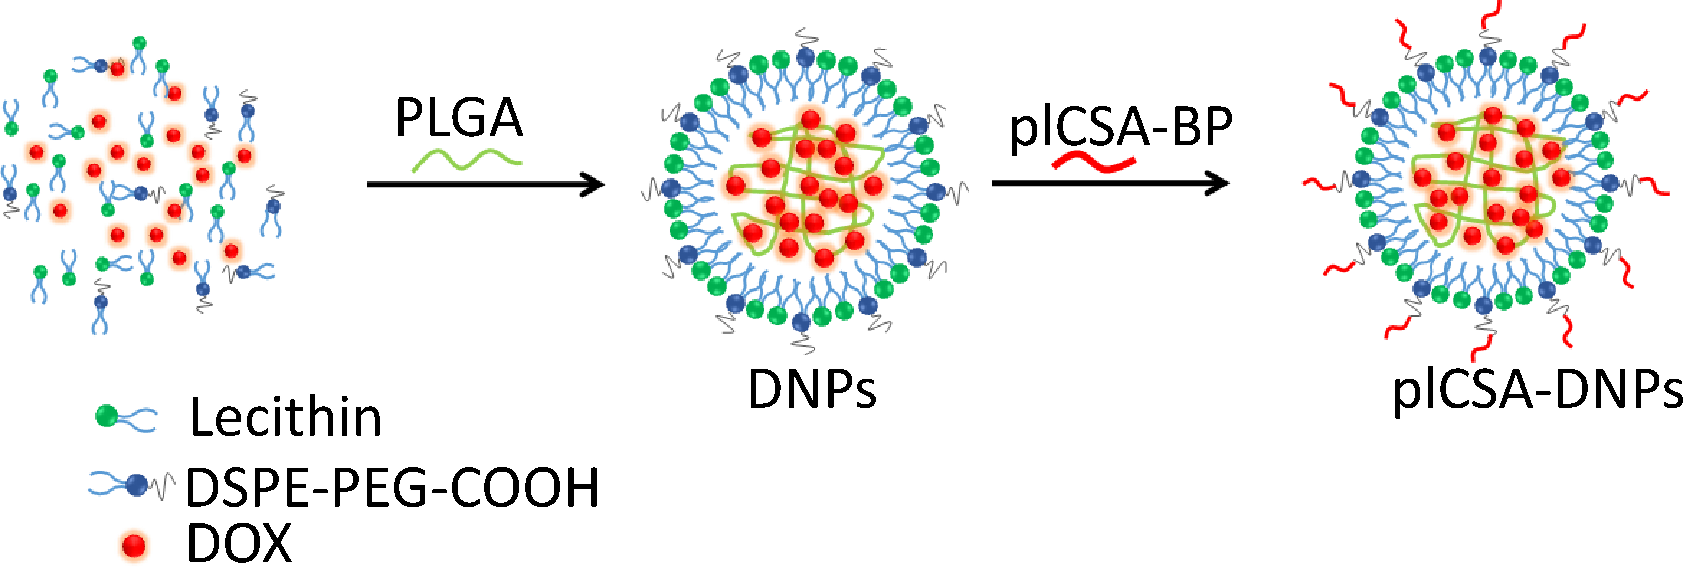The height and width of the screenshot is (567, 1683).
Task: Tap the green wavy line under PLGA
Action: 466,159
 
